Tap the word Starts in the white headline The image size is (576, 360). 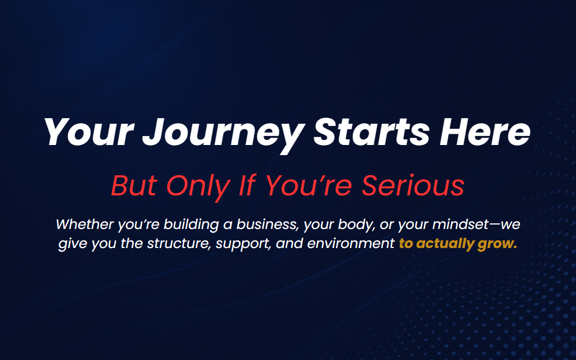tap(371, 132)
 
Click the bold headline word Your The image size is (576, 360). tap(88, 132)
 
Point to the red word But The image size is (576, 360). tap(134, 185)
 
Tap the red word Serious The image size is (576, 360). tap(413, 185)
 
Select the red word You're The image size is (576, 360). tap(308, 185)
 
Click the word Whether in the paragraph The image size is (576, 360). tap(85, 224)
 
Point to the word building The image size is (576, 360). tap(191, 225)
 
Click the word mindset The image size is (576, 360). tap(461, 224)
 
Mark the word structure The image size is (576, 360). tap(179, 244)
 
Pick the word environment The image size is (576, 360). tap(351, 244)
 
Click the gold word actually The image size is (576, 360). tap(445, 244)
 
